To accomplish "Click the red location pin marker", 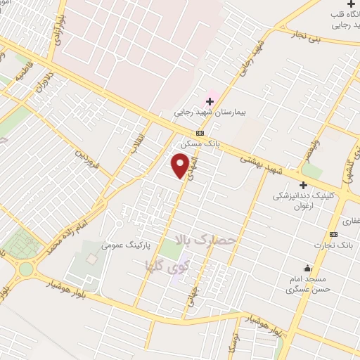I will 181,166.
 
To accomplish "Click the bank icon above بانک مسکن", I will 200,133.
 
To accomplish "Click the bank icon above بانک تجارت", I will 333,234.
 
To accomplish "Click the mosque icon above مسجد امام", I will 307,268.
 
